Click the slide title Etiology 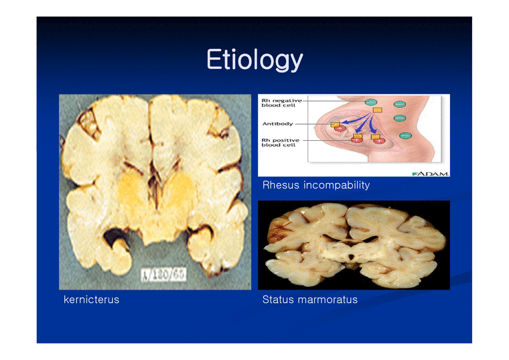254,60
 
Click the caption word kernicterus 91,300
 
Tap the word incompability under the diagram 337,185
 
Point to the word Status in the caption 278,300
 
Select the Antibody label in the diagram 276,124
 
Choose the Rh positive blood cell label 279,142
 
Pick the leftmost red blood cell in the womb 340,128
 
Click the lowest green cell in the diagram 405,135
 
